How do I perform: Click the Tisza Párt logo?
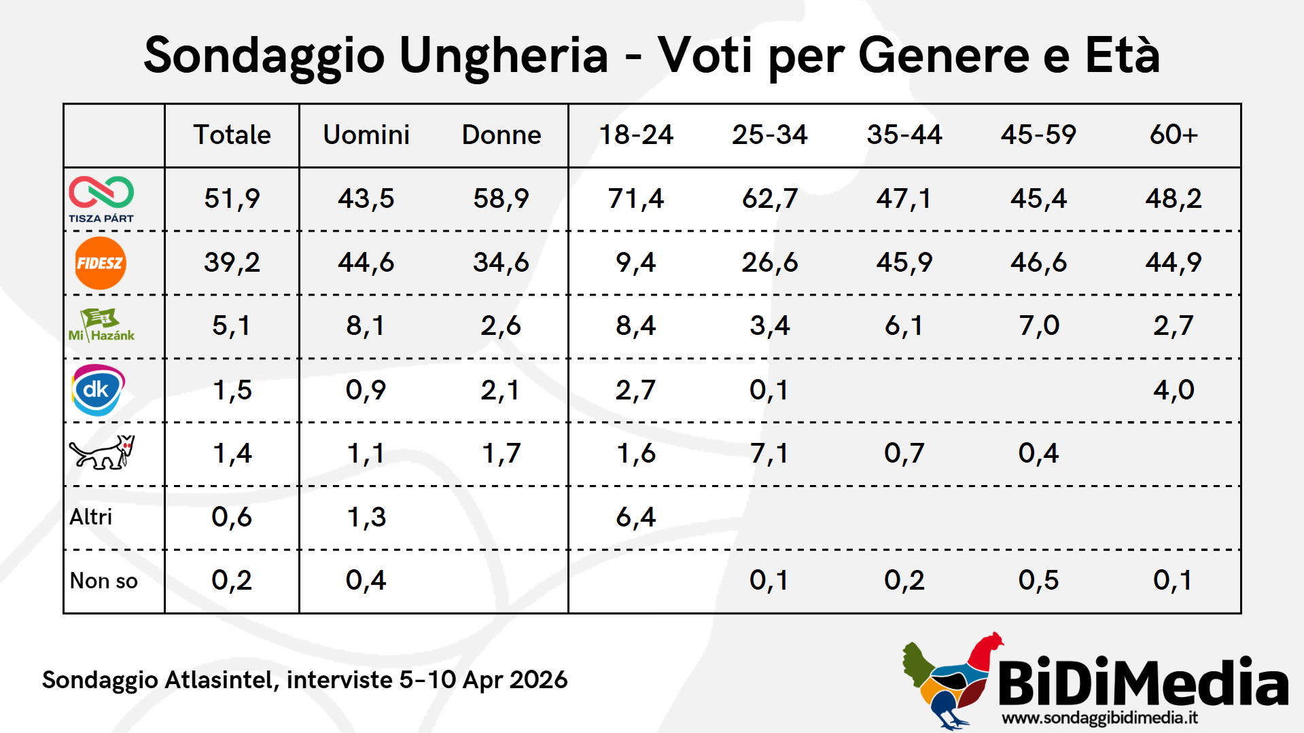(x=101, y=198)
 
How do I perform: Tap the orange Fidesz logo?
(x=101, y=263)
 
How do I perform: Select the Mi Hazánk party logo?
(x=101, y=325)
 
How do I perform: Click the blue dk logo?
(x=98, y=390)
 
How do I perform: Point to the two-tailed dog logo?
(x=102, y=452)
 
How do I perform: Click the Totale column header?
(x=232, y=135)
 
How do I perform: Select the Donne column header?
(x=501, y=135)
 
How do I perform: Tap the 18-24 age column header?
(x=636, y=135)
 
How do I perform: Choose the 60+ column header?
(x=1174, y=135)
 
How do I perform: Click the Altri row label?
(x=91, y=517)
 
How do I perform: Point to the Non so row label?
(x=104, y=581)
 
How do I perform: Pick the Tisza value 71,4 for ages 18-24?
(x=636, y=198)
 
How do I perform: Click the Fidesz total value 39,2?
(x=232, y=262)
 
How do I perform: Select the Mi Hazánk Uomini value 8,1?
(x=366, y=325)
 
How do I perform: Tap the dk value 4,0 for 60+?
(x=1174, y=390)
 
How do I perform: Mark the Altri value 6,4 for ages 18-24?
(x=636, y=517)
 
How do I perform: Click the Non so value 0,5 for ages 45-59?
(x=1038, y=580)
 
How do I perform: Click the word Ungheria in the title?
(x=504, y=56)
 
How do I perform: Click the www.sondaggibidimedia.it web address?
(x=1099, y=718)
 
